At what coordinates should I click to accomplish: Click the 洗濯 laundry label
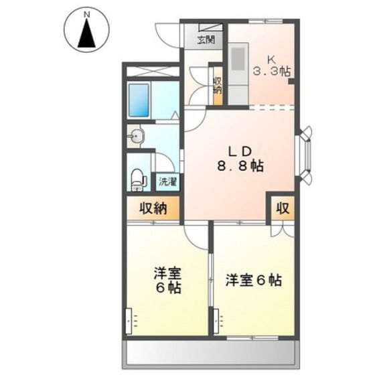167,181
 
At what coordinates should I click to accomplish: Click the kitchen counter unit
237,73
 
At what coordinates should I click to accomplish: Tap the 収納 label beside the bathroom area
153,209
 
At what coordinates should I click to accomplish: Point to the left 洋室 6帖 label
167,281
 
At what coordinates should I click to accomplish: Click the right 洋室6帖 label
253,280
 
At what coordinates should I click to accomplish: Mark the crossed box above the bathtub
151,71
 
